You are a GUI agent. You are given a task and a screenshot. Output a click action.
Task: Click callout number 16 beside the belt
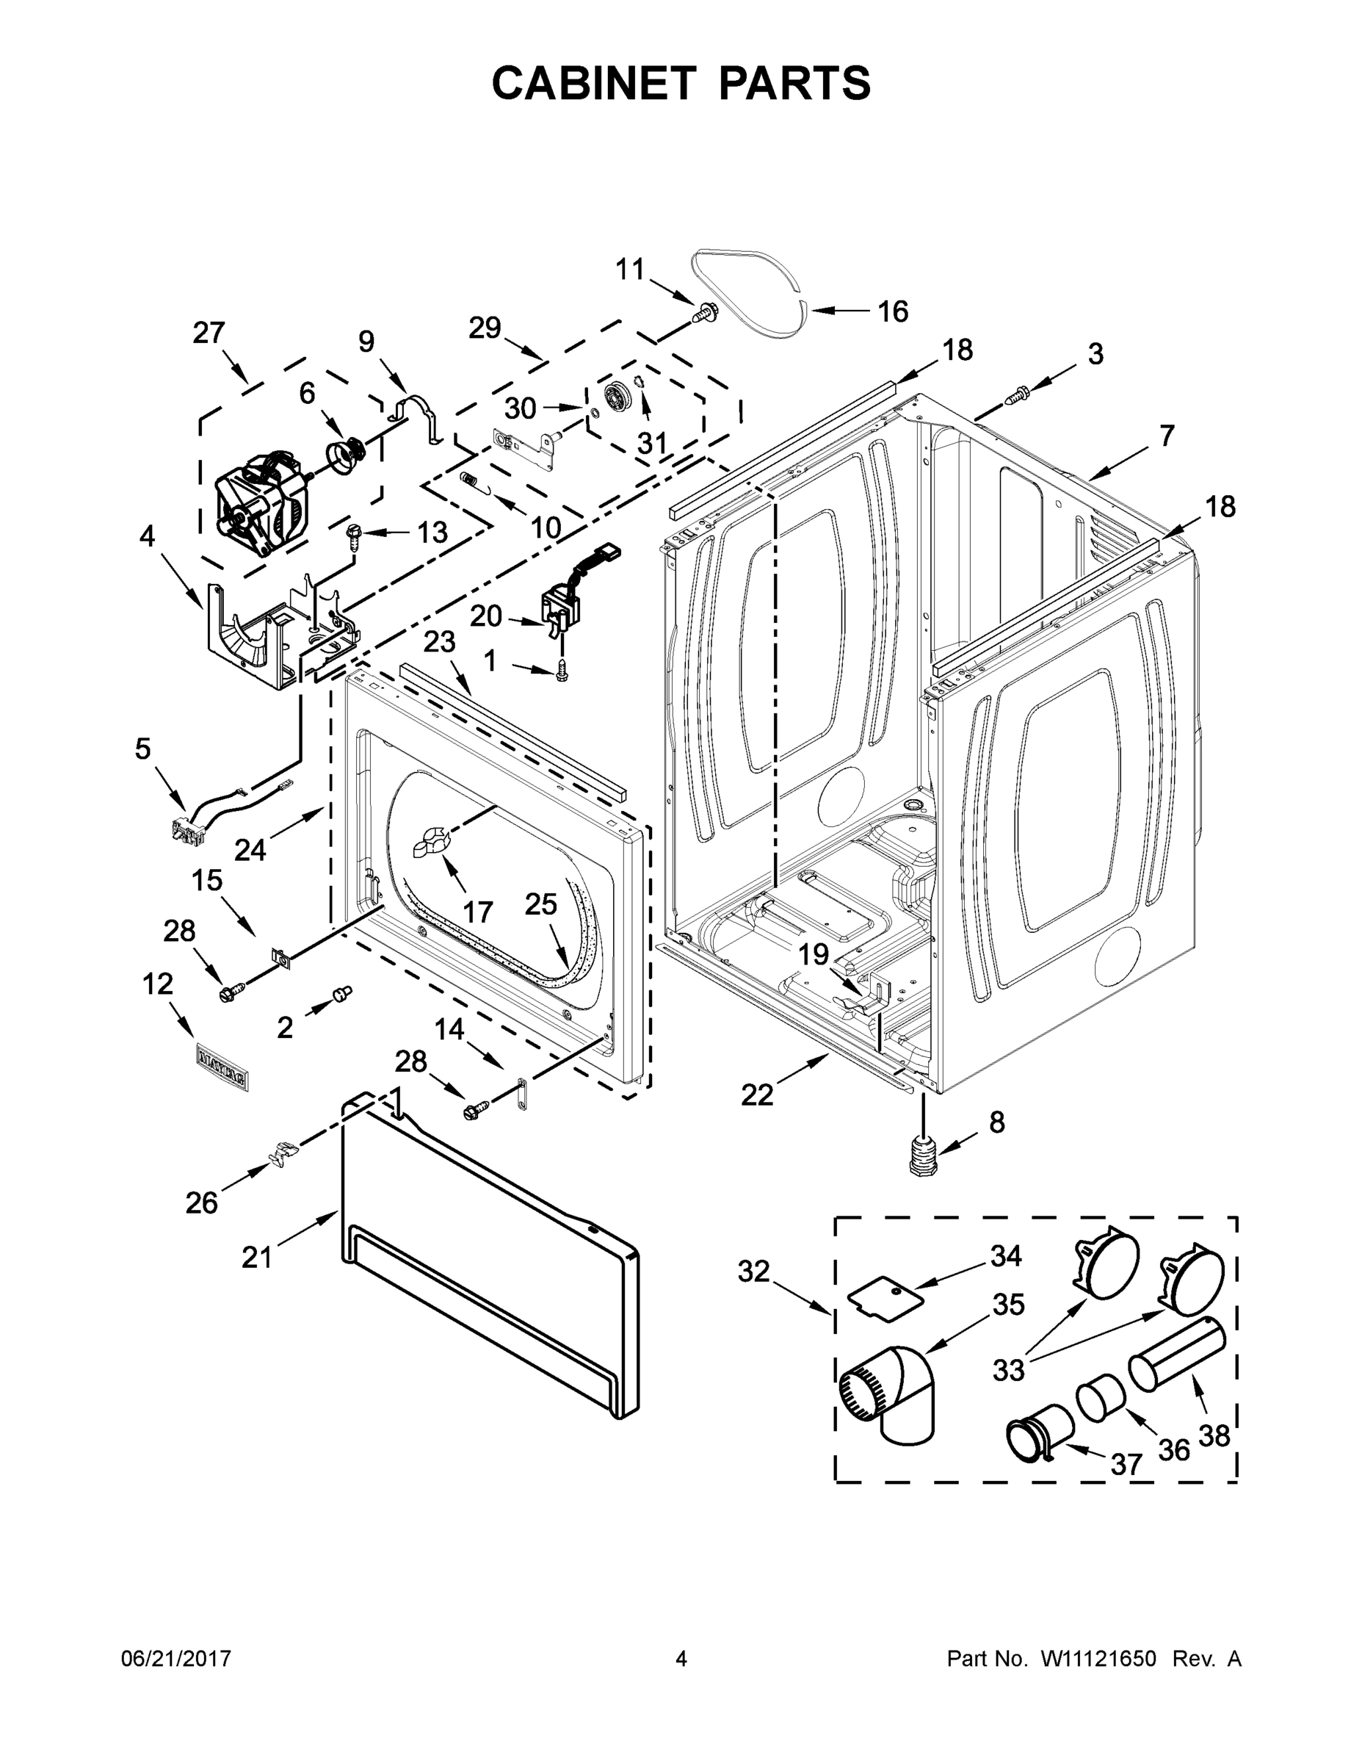892,311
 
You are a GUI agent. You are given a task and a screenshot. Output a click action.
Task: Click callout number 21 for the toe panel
256,1257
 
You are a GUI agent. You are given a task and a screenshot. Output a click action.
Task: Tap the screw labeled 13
354,533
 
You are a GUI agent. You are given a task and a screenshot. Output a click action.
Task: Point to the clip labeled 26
279,1153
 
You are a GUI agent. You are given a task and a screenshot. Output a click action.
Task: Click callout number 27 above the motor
209,333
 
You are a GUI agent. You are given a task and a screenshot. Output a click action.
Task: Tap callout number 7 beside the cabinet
1166,436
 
